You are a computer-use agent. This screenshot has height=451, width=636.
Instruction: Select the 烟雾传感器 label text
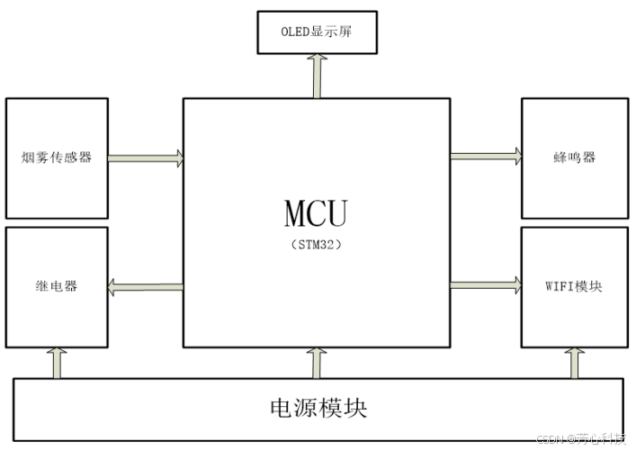click(57, 158)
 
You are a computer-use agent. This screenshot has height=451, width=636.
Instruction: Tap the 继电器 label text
click(57, 286)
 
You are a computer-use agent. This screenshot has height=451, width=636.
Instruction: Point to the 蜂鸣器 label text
click(575, 158)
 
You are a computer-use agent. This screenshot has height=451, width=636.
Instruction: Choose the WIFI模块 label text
click(575, 286)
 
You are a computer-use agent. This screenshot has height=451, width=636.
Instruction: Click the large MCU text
click(316, 214)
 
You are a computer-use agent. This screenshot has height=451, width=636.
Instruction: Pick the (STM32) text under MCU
click(316, 244)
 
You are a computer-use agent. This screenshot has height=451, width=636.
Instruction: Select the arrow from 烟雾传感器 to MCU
click(146, 158)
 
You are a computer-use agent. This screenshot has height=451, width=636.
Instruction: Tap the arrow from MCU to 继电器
click(146, 287)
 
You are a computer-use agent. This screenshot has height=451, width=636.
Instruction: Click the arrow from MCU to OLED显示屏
click(317, 76)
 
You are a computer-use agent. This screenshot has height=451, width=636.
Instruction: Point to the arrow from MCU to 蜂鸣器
click(486, 156)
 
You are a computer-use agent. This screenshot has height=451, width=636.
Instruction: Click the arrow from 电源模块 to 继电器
click(59, 363)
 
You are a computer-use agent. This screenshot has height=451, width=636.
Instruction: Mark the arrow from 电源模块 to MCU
click(317, 363)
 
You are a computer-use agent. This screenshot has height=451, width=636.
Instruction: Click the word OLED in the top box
click(295, 32)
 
